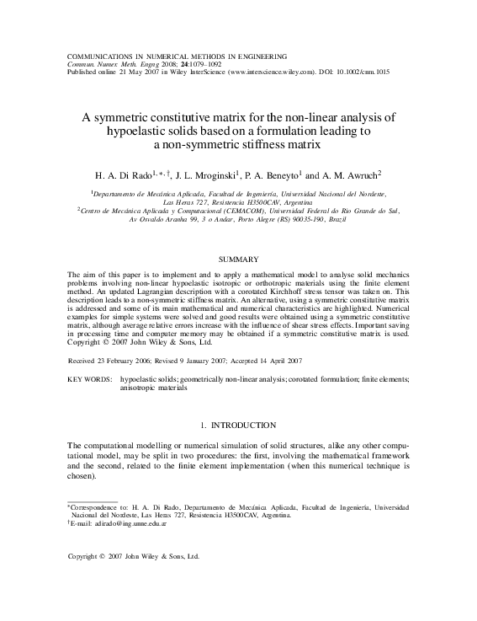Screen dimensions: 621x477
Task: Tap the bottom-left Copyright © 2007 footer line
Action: click(132, 557)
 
